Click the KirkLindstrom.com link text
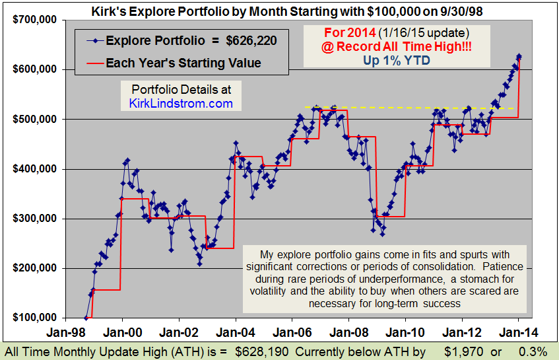click(181, 103)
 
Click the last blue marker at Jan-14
click(519, 56)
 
